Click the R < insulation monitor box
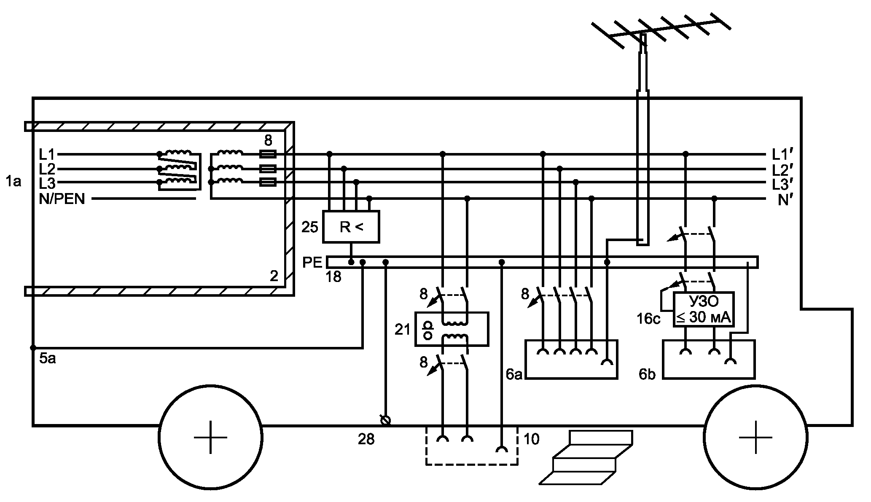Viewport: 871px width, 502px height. (351, 227)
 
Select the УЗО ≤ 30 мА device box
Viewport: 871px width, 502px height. (703, 309)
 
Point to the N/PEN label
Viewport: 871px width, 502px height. (62, 199)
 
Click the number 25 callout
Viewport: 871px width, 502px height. (310, 228)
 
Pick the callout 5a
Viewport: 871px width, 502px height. (47, 359)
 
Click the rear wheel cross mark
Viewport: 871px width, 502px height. (211, 437)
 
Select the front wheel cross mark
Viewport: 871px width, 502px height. (755, 437)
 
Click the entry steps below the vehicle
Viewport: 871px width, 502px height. (586, 457)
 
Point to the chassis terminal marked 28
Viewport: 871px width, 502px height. (385, 420)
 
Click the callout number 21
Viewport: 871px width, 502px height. (403, 330)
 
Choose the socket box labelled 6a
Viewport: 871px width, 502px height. (571, 360)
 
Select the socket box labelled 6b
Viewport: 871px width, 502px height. (709, 360)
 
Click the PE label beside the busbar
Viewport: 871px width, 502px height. (312, 262)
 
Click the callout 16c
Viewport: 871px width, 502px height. (648, 319)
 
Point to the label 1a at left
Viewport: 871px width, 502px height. (13, 182)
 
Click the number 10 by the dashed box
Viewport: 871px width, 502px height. (531, 439)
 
